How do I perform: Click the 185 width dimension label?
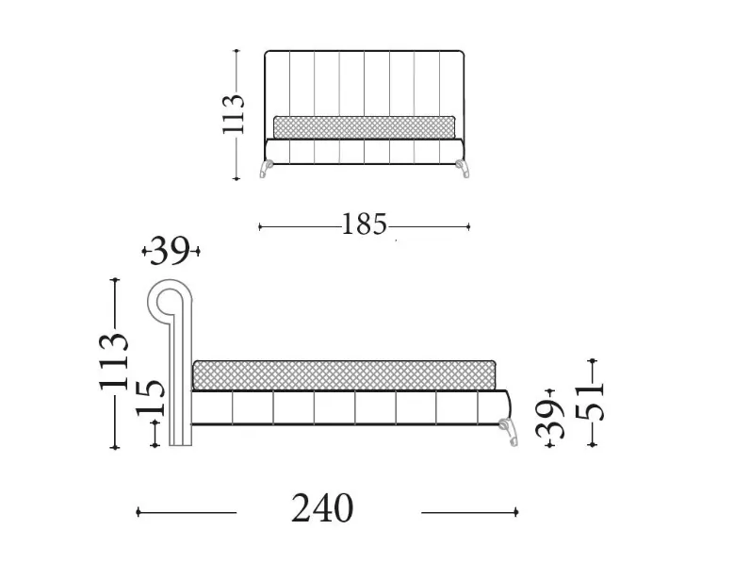[x=364, y=224]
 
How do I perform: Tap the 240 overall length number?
[x=322, y=508]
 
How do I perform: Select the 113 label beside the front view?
[x=234, y=114]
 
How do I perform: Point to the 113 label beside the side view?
[x=115, y=360]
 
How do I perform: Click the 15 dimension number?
[x=151, y=397]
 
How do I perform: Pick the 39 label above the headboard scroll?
[x=170, y=251]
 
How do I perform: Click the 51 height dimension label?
[x=590, y=402]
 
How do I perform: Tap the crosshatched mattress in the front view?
[x=364, y=127]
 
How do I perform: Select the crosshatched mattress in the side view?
[x=345, y=375]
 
